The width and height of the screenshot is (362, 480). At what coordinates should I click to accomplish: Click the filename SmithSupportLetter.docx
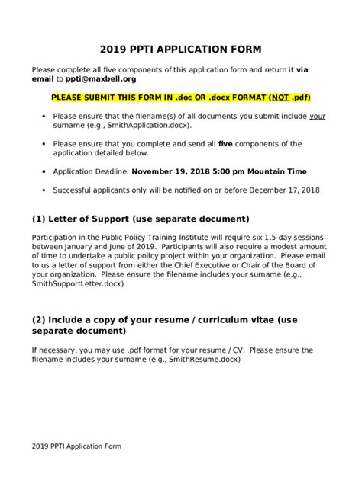77,283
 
